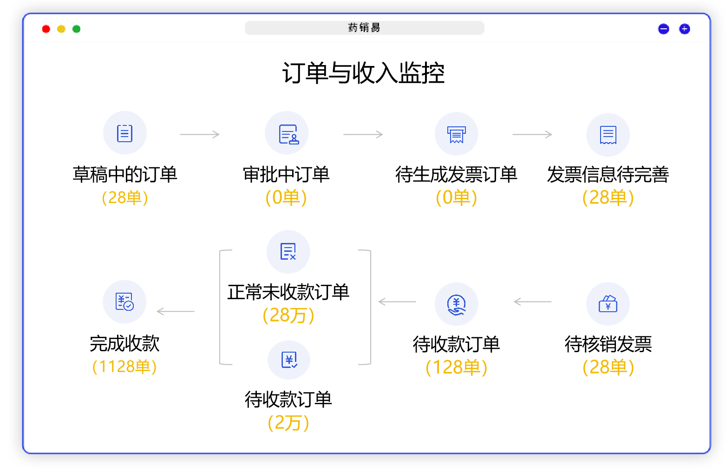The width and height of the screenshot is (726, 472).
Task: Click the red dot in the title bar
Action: (46, 29)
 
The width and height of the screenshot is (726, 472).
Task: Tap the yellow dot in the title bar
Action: (61, 29)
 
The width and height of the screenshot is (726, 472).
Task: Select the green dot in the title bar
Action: (76, 29)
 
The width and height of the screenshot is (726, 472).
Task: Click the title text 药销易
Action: (364, 28)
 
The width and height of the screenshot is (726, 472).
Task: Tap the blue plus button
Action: (684, 29)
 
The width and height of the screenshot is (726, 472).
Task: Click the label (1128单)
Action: (124, 367)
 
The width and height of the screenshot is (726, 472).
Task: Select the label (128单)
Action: (457, 367)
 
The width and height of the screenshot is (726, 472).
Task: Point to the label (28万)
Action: (288, 315)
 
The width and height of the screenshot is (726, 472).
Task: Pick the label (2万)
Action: (288, 423)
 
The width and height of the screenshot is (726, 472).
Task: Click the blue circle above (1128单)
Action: (124, 302)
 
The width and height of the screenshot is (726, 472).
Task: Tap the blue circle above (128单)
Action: (456, 304)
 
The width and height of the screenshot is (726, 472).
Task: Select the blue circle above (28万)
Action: (288, 252)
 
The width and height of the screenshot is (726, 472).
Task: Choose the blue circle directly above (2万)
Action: (288, 360)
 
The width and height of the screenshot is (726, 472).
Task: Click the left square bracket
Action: (222, 307)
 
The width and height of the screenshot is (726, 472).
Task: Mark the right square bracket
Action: (368, 307)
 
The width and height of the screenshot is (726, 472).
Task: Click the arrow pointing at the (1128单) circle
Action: (176, 311)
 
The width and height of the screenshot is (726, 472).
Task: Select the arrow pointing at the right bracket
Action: (397, 302)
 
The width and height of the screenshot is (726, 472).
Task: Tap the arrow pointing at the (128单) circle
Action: (532, 302)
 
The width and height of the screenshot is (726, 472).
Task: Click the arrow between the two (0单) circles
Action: (363, 135)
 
